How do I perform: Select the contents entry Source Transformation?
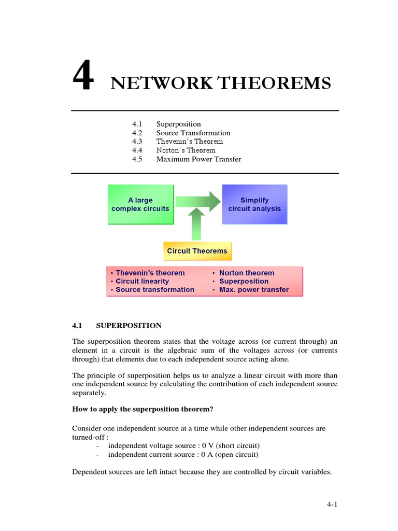pos(193,133)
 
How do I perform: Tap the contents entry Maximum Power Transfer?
pos(198,159)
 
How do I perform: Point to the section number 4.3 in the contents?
pos(137,142)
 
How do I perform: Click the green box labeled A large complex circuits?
pos(140,204)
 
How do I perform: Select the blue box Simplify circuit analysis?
pos(254,204)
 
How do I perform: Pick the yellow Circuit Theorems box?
pos(197,251)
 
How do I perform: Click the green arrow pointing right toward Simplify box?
pos(197,200)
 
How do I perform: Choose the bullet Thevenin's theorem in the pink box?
pos(150,273)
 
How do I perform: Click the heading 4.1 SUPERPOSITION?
pos(117,326)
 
